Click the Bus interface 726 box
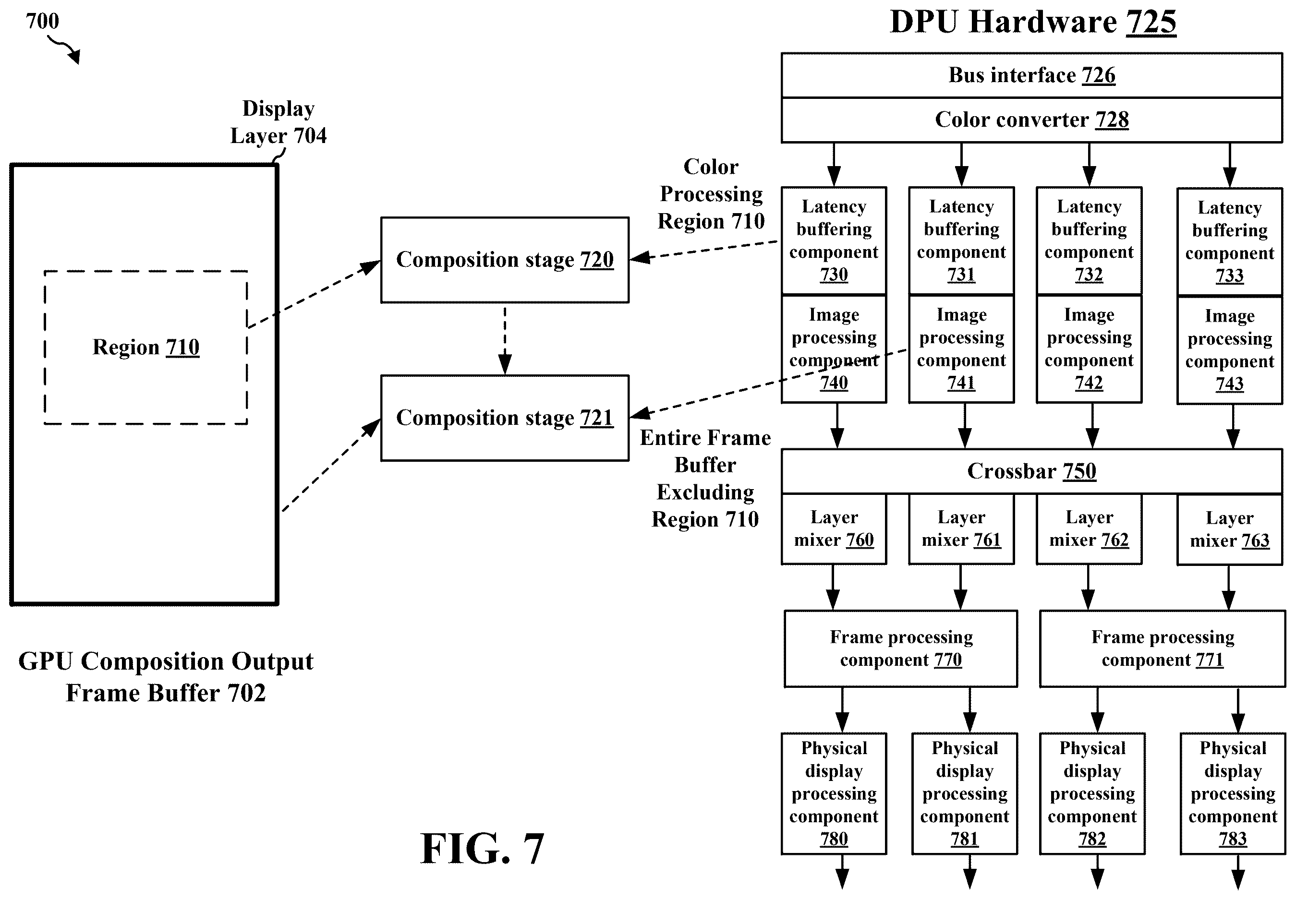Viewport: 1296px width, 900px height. [x=1031, y=75]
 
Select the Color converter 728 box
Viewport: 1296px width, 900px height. [x=1031, y=120]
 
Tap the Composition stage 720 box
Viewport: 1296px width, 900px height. [x=505, y=260]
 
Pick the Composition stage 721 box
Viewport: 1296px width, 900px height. [x=505, y=418]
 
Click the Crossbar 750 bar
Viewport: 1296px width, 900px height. [x=1031, y=471]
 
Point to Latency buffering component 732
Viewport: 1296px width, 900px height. [x=1089, y=241]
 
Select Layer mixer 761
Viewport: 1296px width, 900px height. [x=962, y=529]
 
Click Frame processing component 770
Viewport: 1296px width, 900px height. [x=901, y=648]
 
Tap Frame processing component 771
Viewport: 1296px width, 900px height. [x=1163, y=648]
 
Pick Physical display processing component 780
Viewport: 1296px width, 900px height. [x=834, y=793]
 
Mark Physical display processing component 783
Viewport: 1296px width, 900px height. [x=1233, y=793]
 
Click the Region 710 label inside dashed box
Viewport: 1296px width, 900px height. [x=146, y=348]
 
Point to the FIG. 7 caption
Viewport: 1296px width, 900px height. [x=482, y=849]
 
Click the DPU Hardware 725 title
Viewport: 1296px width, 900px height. [x=1033, y=22]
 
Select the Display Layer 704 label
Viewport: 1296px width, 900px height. [x=278, y=122]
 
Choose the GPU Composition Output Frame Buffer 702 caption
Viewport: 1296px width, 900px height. [x=166, y=677]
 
